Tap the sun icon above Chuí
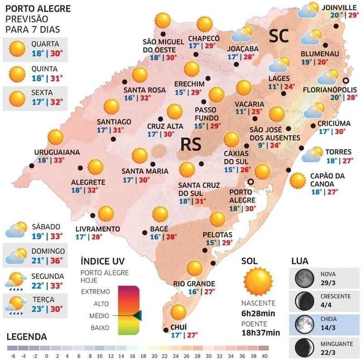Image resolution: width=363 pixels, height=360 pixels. click(179, 312)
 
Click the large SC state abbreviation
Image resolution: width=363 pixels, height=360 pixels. click(279, 36)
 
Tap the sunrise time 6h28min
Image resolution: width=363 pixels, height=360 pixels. click(258, 313)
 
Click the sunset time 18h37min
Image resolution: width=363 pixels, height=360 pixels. click(260, 332)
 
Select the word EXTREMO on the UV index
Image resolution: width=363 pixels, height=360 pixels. click(95, 291)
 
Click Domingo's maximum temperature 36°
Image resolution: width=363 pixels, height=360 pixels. click(57, 260)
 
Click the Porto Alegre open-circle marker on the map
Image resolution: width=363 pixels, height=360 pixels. click(250, 182)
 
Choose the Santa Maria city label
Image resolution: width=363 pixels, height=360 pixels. click(145, 171)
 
